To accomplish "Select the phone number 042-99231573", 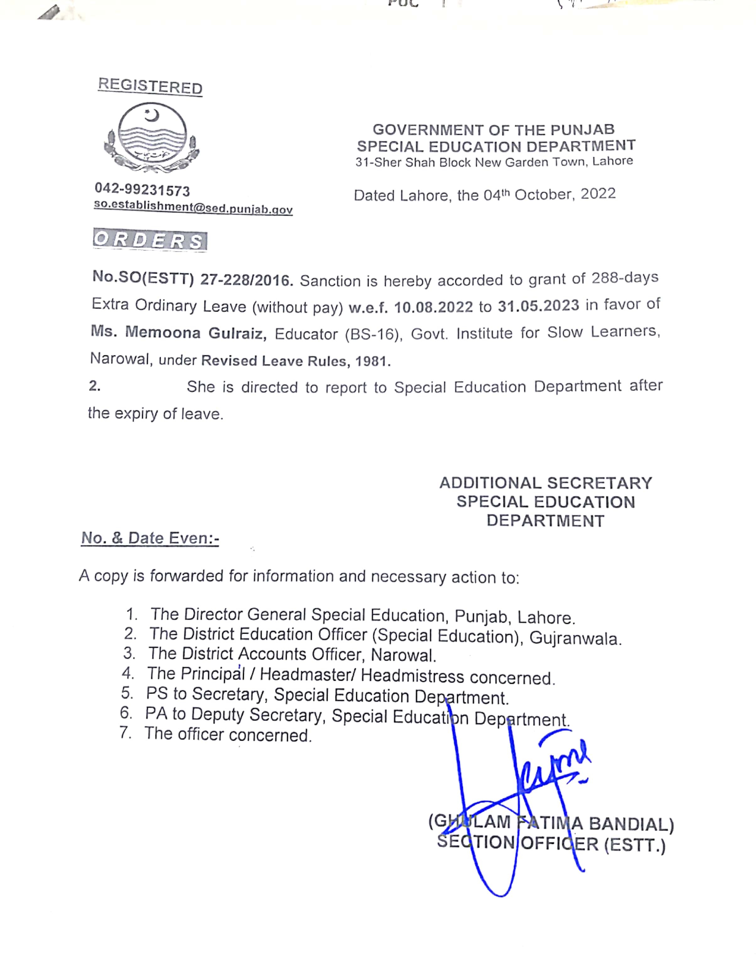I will (x=142, y=190).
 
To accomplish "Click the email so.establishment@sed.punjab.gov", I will (x=193, y=207).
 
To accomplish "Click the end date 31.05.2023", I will (x=538, y=305).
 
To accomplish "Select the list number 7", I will (x=125, y=733).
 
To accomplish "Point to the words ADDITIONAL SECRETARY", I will (x=546, y=483).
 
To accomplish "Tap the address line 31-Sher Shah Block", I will (x=494, y=162).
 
